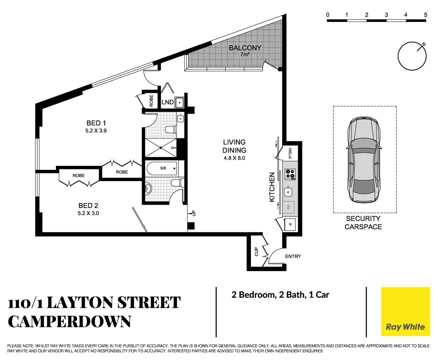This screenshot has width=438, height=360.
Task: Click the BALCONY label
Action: [x=245, y=48]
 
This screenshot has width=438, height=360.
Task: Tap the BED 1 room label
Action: [x=96, y=123]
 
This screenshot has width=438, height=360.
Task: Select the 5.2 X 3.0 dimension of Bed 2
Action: [x=88, y=213]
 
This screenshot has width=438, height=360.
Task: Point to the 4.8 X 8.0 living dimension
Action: [x=234, y=158]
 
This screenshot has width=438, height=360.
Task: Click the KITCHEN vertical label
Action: [x=272, y=187]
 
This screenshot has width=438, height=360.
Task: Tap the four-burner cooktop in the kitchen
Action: [x=290, y=174]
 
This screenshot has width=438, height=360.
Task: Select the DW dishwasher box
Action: [x=288, y=207]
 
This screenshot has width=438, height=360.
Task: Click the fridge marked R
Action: [x=290, y=225]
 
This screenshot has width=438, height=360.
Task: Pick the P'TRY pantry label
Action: [x=290, y=153]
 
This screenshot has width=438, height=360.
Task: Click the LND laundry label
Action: [x=167, y=102]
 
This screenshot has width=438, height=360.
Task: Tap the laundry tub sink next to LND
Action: [x=180, y=102]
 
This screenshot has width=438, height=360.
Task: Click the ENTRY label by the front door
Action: [x=293, y=256]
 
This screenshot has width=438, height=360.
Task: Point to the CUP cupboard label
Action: [x=256, y=252]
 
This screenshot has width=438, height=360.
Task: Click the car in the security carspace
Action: [x=364, y=160]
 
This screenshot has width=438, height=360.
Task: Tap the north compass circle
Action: [x=412, y=56]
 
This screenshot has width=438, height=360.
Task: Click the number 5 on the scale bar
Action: [x=425, y=15]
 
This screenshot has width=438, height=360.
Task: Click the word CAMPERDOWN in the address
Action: [x=69, y=322]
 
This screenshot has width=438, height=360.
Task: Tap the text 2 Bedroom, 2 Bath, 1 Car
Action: [x=280, y=295]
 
